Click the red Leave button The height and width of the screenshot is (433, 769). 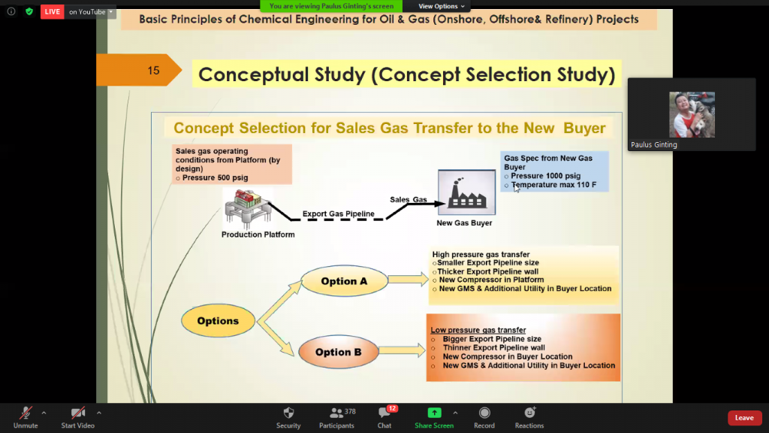744,418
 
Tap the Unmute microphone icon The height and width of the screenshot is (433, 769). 26,413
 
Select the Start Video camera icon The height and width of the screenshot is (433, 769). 78,413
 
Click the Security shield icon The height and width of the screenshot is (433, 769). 288,413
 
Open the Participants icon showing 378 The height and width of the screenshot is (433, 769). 336,413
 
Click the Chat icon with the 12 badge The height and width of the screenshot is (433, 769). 384,413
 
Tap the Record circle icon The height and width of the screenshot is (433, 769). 484,413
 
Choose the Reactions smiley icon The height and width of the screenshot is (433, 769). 529,413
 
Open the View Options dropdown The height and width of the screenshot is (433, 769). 442,6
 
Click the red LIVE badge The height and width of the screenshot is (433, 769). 53,12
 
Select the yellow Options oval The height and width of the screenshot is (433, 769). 218,321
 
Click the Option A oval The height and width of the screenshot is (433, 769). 344,281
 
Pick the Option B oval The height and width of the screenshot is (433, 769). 339,352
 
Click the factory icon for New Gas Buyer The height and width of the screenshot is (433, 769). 467,192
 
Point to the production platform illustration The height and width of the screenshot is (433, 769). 248,208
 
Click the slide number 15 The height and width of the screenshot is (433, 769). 153,71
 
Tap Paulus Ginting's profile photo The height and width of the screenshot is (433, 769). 692,115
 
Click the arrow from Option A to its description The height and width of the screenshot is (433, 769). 409,280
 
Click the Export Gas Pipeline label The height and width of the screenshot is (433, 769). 339,213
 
